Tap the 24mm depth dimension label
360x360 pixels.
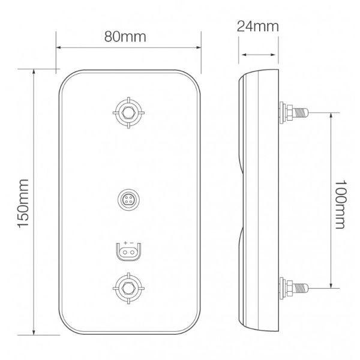[259, 26]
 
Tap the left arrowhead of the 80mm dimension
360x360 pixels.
[59, 48]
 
